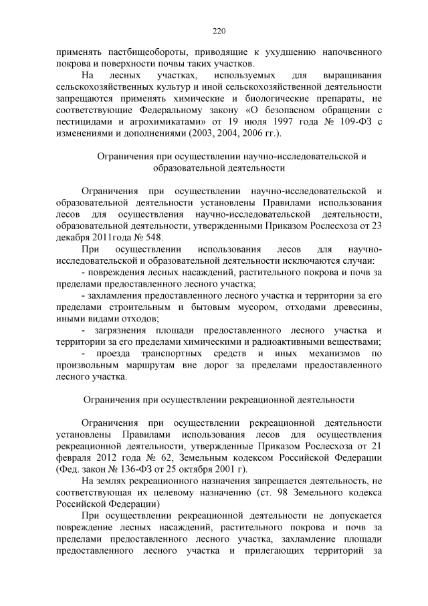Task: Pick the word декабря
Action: [x=76, y=238]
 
